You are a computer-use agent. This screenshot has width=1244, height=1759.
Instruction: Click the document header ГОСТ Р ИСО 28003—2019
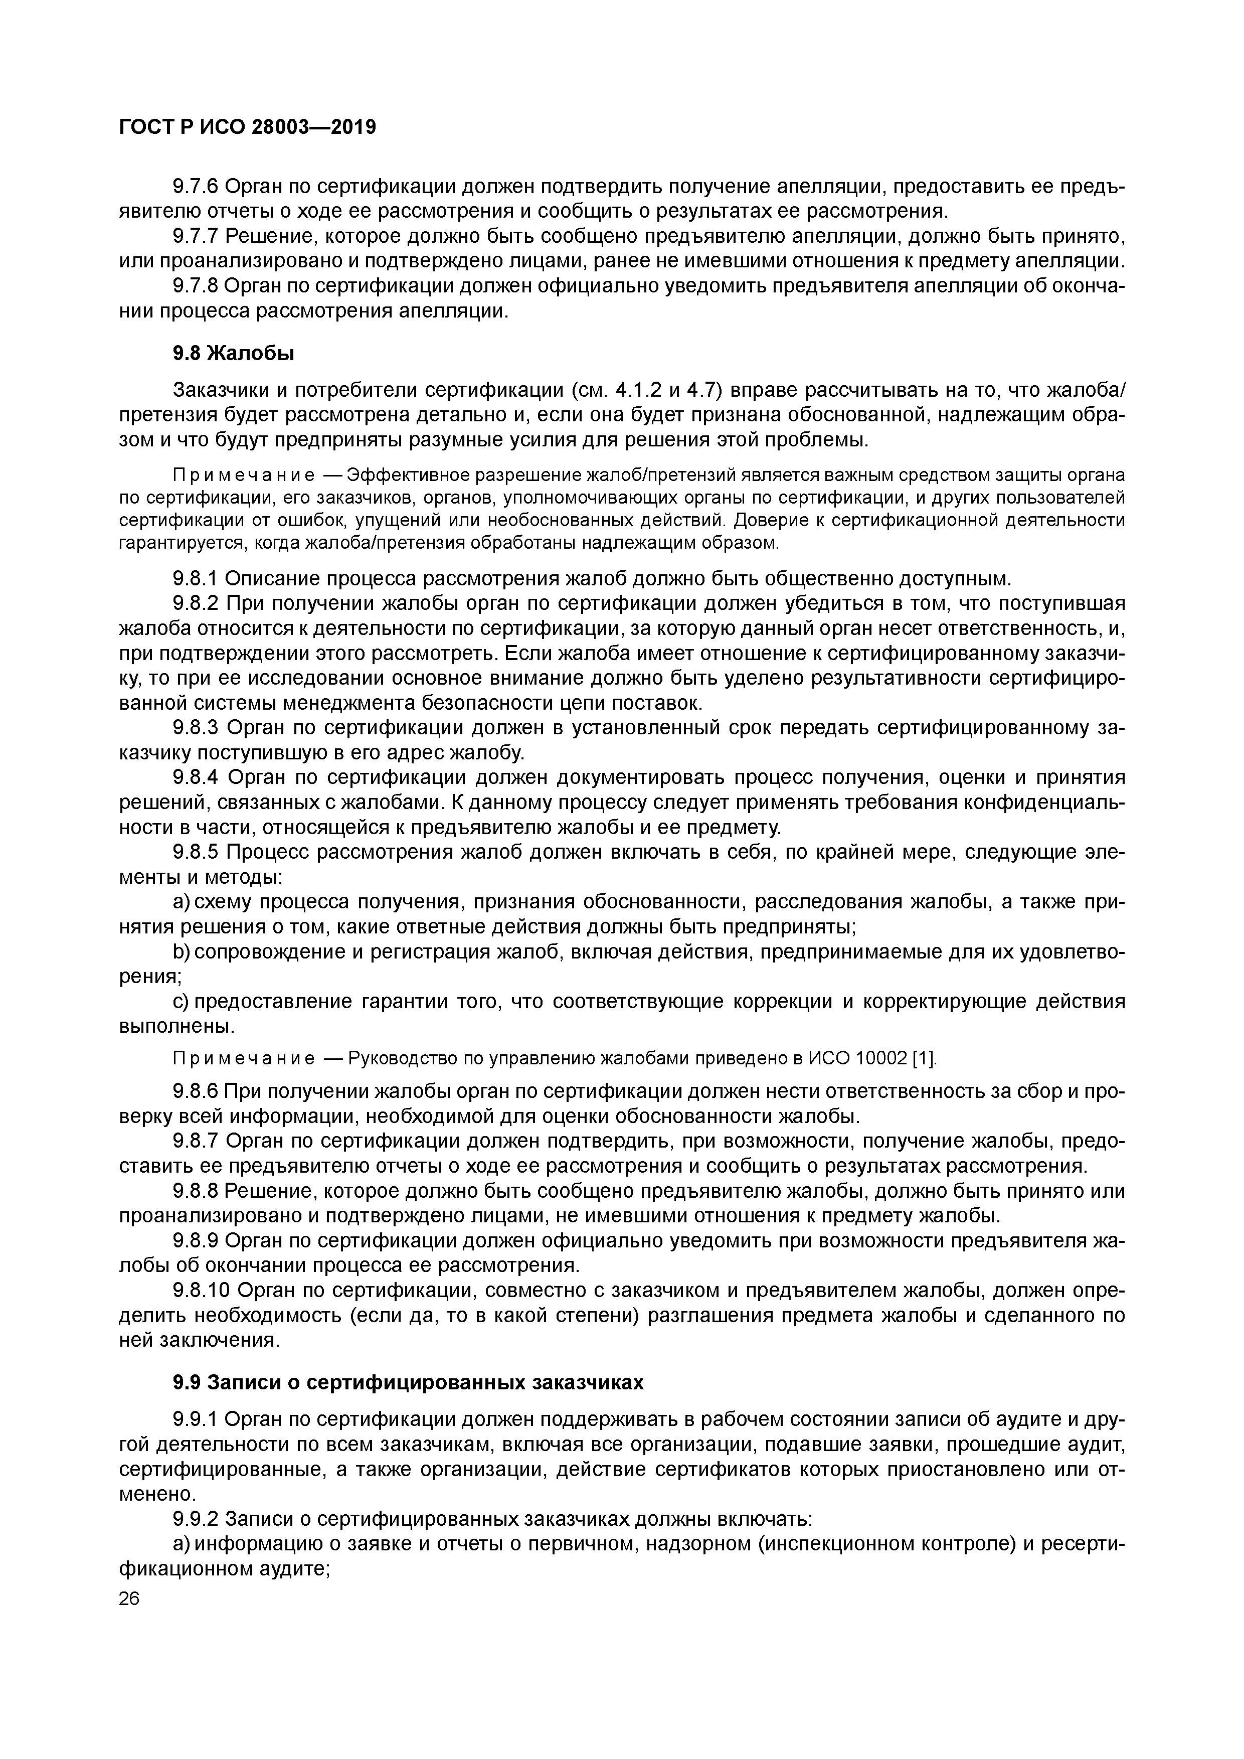(x=247, y=127)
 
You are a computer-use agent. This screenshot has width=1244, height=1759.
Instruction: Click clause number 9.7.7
(x=196, y=236)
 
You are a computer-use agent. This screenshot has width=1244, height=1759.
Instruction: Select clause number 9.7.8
(x=196, y=286)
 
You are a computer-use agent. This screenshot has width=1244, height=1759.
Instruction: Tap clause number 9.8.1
(x=196, y=578)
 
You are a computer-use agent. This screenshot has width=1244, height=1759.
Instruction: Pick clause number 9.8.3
(x=196, y=727)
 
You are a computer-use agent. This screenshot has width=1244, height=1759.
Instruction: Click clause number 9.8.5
(x=196, y=852)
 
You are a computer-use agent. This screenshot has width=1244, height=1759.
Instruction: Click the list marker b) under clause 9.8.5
(x=181, y=952)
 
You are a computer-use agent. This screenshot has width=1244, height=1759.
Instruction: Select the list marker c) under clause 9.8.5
(x=181, y=1002)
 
